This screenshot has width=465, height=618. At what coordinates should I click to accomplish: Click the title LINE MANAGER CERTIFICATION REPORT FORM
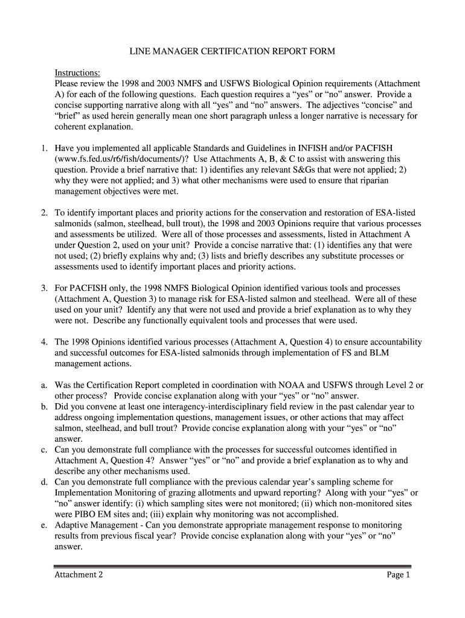[232, 52]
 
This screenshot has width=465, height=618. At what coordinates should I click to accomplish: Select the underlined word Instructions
[77, 73]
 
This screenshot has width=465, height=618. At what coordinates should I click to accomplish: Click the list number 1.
[44, 148]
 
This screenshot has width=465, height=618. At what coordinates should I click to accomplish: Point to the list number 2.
[44, 212]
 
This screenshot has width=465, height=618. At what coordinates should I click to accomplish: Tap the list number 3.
[44, 288]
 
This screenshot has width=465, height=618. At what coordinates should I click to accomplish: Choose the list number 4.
[44, 342]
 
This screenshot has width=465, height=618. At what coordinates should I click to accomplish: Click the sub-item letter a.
[44, 385]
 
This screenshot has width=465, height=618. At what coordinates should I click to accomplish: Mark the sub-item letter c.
[44, 450]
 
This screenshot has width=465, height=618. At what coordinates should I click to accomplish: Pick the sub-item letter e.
[44, 526]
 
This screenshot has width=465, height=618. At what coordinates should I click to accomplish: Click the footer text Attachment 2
[79, 575]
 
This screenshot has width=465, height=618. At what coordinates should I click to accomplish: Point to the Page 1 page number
[399, 575]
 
